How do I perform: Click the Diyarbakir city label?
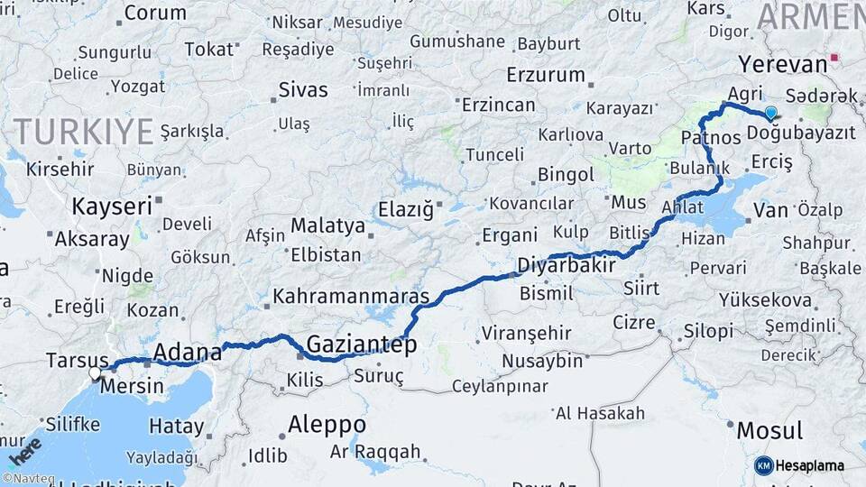567,266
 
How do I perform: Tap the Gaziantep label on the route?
361,345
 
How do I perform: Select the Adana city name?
188,351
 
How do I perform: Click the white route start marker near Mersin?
95,372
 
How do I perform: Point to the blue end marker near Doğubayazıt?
770,113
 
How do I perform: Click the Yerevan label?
782,64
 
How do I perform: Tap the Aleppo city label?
327,424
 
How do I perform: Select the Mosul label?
769,430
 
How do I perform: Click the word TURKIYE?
83,132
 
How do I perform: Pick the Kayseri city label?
112,207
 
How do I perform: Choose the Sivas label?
303,90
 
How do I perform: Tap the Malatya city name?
327,225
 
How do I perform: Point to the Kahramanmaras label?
351,295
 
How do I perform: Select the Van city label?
770,210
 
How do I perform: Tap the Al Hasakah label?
600,413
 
